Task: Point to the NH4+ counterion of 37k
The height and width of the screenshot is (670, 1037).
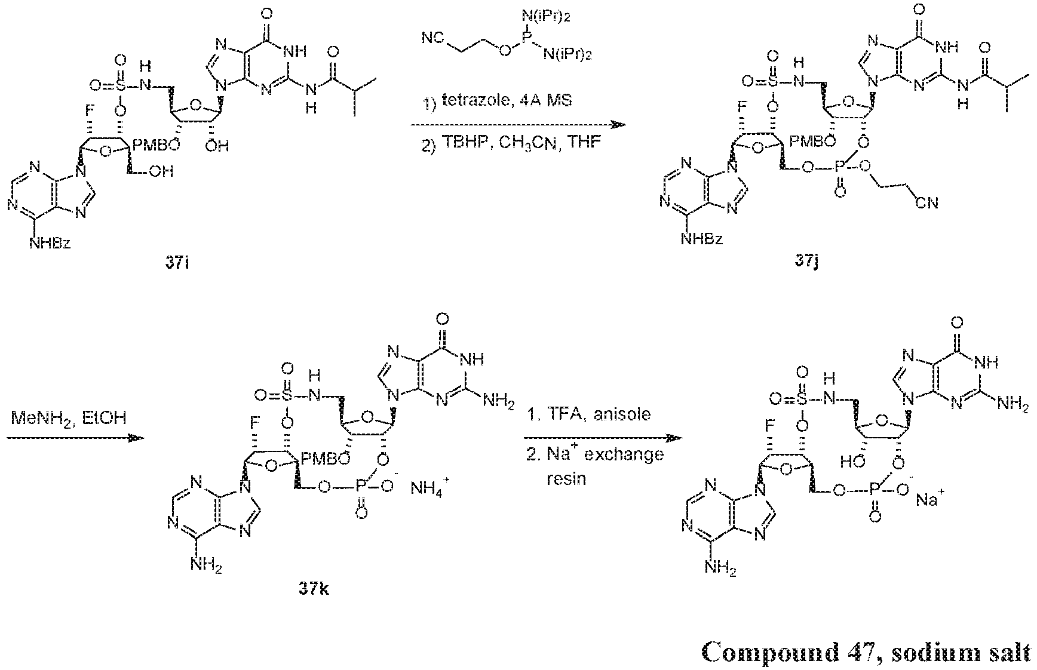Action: [x=428, y=490]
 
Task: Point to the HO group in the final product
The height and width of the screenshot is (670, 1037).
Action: [x=853, y=460]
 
